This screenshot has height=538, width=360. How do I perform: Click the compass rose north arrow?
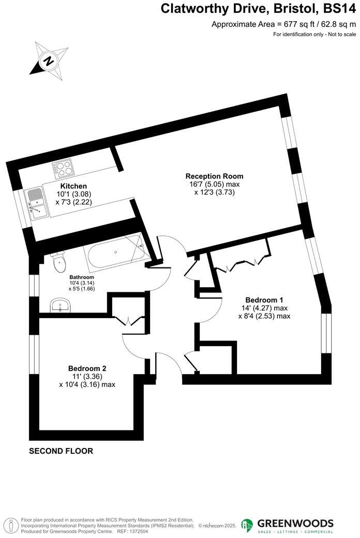[x=48, y=60]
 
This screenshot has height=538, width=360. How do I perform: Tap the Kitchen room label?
[x=73, y=186]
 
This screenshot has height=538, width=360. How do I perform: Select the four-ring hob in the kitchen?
[x=63, y=169]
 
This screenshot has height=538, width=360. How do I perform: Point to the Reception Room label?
[x=214, y=176]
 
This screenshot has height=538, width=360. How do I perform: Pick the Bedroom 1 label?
[x=264, y=300]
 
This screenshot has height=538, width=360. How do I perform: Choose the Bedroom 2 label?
[x=87, y=368]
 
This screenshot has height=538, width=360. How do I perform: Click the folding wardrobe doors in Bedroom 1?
[x=242, y=264]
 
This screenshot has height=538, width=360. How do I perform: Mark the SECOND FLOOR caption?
[x=61, y=451]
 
